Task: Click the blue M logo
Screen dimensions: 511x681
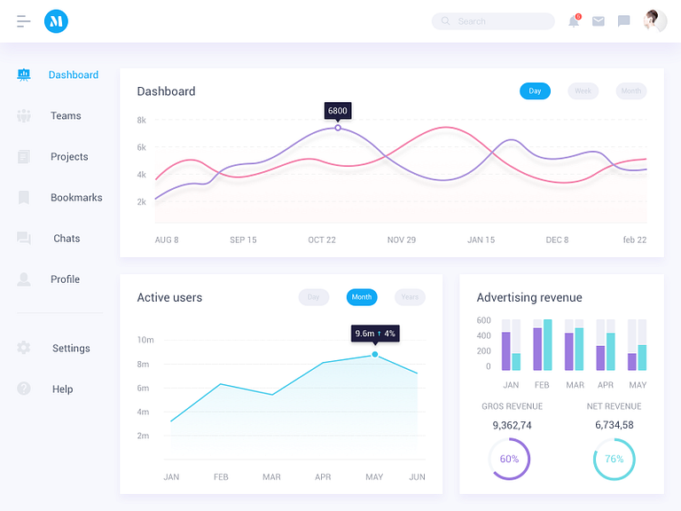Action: pos(56,21)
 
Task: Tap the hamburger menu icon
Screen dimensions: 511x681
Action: pos(24,21)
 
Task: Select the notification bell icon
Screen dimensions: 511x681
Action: pos(574,21)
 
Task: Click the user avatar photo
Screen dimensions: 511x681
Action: pos(655,21)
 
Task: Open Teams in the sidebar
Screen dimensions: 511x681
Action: pos(65,116)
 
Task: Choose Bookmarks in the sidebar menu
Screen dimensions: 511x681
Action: pos(75,198)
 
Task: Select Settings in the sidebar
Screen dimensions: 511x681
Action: pos(71,349)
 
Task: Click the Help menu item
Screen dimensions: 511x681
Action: pos(62,389)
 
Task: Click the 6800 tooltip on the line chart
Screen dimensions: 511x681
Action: pos(338,111)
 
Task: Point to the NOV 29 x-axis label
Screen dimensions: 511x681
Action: pos(402,240)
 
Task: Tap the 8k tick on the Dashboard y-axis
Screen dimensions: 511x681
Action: pos(142,120)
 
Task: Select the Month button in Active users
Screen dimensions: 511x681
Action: pos(362,297)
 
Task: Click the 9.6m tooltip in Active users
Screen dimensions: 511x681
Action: pos(375,334)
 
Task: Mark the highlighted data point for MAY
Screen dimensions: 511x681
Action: pos(375,354)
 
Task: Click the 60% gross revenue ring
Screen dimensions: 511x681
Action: pos(509,460)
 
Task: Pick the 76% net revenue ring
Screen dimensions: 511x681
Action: pos(614,460)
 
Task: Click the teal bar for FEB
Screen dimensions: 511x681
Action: pos(547,345)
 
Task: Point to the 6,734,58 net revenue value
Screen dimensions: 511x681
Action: pos(614,425)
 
